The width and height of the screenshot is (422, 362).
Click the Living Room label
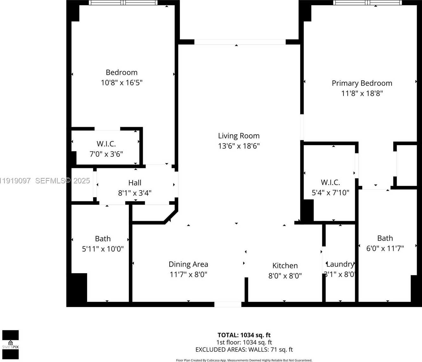pos(239,136)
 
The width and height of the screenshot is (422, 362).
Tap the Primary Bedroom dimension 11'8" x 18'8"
pos(362,93)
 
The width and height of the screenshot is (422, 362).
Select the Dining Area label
pos(188,264)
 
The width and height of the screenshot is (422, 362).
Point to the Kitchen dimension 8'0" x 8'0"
pos(285,276)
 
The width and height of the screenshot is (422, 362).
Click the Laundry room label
pos(340,264)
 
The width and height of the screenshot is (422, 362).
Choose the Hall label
pos(135,183)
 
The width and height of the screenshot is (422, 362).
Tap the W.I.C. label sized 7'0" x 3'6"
pos(106,144)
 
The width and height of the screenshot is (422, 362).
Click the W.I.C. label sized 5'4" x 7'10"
pos(330,182)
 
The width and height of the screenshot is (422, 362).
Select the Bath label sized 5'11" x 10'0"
pos(103,239)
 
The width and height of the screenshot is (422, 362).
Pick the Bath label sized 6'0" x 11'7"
pos(385,238)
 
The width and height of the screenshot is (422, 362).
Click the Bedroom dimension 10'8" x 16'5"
pos(122,83)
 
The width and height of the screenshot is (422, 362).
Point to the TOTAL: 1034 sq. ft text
pos(244,335)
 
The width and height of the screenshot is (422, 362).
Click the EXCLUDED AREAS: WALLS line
pos(244,350)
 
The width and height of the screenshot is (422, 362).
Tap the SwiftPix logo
pos(10,345)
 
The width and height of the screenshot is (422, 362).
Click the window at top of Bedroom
pos(123,3)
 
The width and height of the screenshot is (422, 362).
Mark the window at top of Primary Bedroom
pos(367,3)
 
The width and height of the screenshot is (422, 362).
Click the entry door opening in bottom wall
pos(228,304)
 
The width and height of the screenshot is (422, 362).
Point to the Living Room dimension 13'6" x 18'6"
pos(239,146)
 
